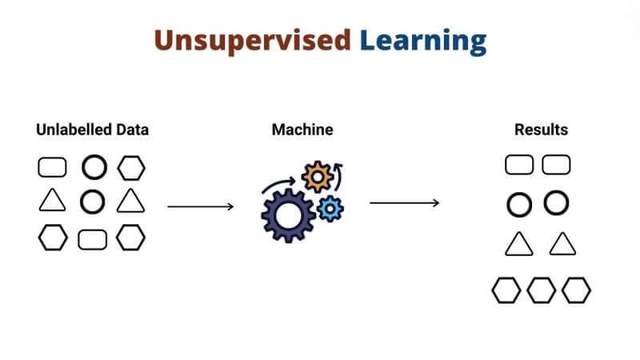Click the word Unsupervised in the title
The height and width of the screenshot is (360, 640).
click(252, 40)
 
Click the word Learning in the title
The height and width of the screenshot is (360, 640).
click(422, 40)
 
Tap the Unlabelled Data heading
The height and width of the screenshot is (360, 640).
click(93, 129)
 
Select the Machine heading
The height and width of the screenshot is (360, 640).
click(302, 129)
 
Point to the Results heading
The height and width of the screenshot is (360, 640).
click(541, 129)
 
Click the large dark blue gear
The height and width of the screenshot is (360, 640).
click(289, 214)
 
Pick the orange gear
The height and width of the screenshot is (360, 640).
click(318, 177)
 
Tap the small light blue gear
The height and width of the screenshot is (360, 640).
click(330, 209)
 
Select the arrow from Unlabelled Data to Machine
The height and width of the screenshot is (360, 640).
click(200, 206)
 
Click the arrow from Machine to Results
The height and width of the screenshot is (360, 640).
click(404, 203)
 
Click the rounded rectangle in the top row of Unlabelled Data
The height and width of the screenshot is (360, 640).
click(52, 167)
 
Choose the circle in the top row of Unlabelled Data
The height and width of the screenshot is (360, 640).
click(94, 167)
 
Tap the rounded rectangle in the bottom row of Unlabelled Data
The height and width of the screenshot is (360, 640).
click(93, 238)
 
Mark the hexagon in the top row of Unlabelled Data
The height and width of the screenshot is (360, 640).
click(132, 167)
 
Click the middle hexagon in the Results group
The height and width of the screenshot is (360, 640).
click(541, 290)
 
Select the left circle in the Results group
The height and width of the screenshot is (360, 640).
click(519, 205)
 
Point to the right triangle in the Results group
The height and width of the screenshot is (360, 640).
click(562, 244)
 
